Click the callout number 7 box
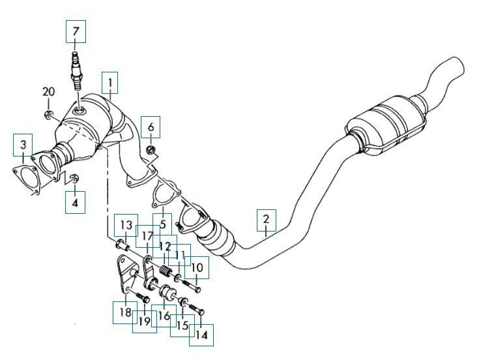coord(76,31)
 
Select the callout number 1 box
coord(110,83)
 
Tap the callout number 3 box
coord(23,143)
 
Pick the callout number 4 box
coord(74,202)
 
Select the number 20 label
coord(49,91)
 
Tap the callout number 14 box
coord(201,335)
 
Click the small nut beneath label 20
coord(50,116)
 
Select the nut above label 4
coord(73,177)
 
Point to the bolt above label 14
coord(197,304)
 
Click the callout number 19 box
coord(144,322)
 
